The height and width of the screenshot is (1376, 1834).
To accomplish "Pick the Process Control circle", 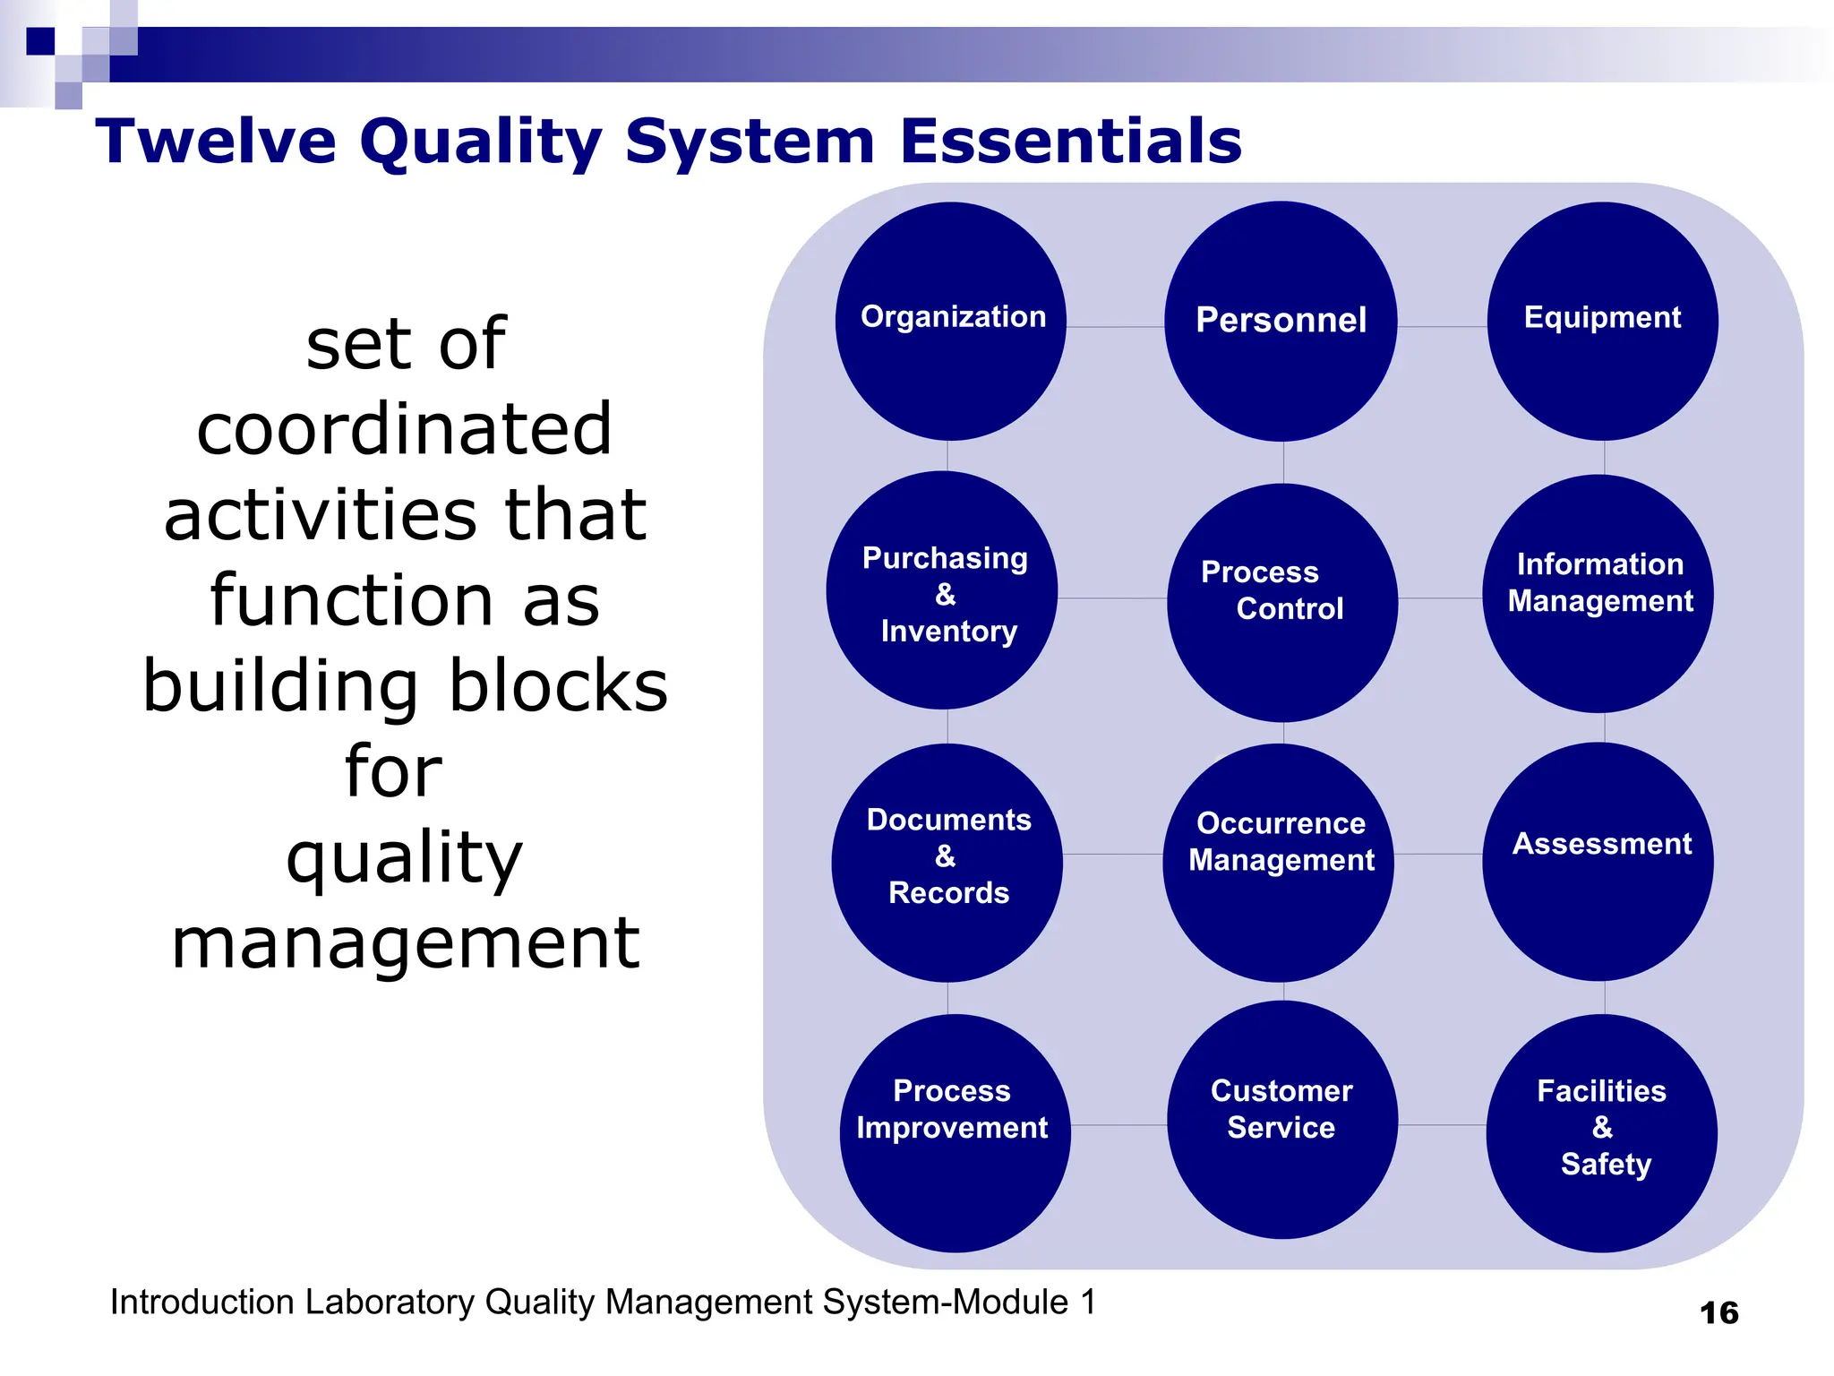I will point(1282,602).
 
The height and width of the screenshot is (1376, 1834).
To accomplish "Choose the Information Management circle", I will point(1598,593).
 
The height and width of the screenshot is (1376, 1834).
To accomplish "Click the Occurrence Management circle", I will point(1279,862).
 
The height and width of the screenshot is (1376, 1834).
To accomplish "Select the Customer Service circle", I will point(1282,1120).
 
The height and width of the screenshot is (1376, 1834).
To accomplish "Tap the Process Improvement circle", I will point(955,1132).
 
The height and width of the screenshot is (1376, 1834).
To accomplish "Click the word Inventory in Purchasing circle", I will point(949,632).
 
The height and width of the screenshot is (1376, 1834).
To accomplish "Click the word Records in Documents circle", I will point(949,893).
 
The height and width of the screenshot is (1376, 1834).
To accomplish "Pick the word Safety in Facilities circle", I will point(1606,1164).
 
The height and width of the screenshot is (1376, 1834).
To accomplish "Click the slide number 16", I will point(1718,1313).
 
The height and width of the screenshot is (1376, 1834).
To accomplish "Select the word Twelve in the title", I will point(216,142).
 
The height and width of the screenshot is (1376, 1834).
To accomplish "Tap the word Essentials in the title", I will point(1071,142).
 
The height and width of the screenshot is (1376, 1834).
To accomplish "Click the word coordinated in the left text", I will point(405,429).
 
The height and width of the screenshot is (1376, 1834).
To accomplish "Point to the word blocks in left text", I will point(558,686).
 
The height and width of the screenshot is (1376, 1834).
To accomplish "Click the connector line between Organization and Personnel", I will point(1115,327).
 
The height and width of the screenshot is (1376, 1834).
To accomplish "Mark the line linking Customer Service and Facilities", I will point(1442,1125).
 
